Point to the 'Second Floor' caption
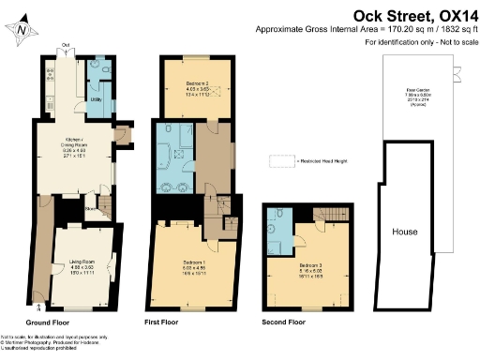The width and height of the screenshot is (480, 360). click(x=284, y=321)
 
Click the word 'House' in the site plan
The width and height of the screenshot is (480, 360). click(x=405, y=232)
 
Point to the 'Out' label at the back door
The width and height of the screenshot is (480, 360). click(x=66, y=44)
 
